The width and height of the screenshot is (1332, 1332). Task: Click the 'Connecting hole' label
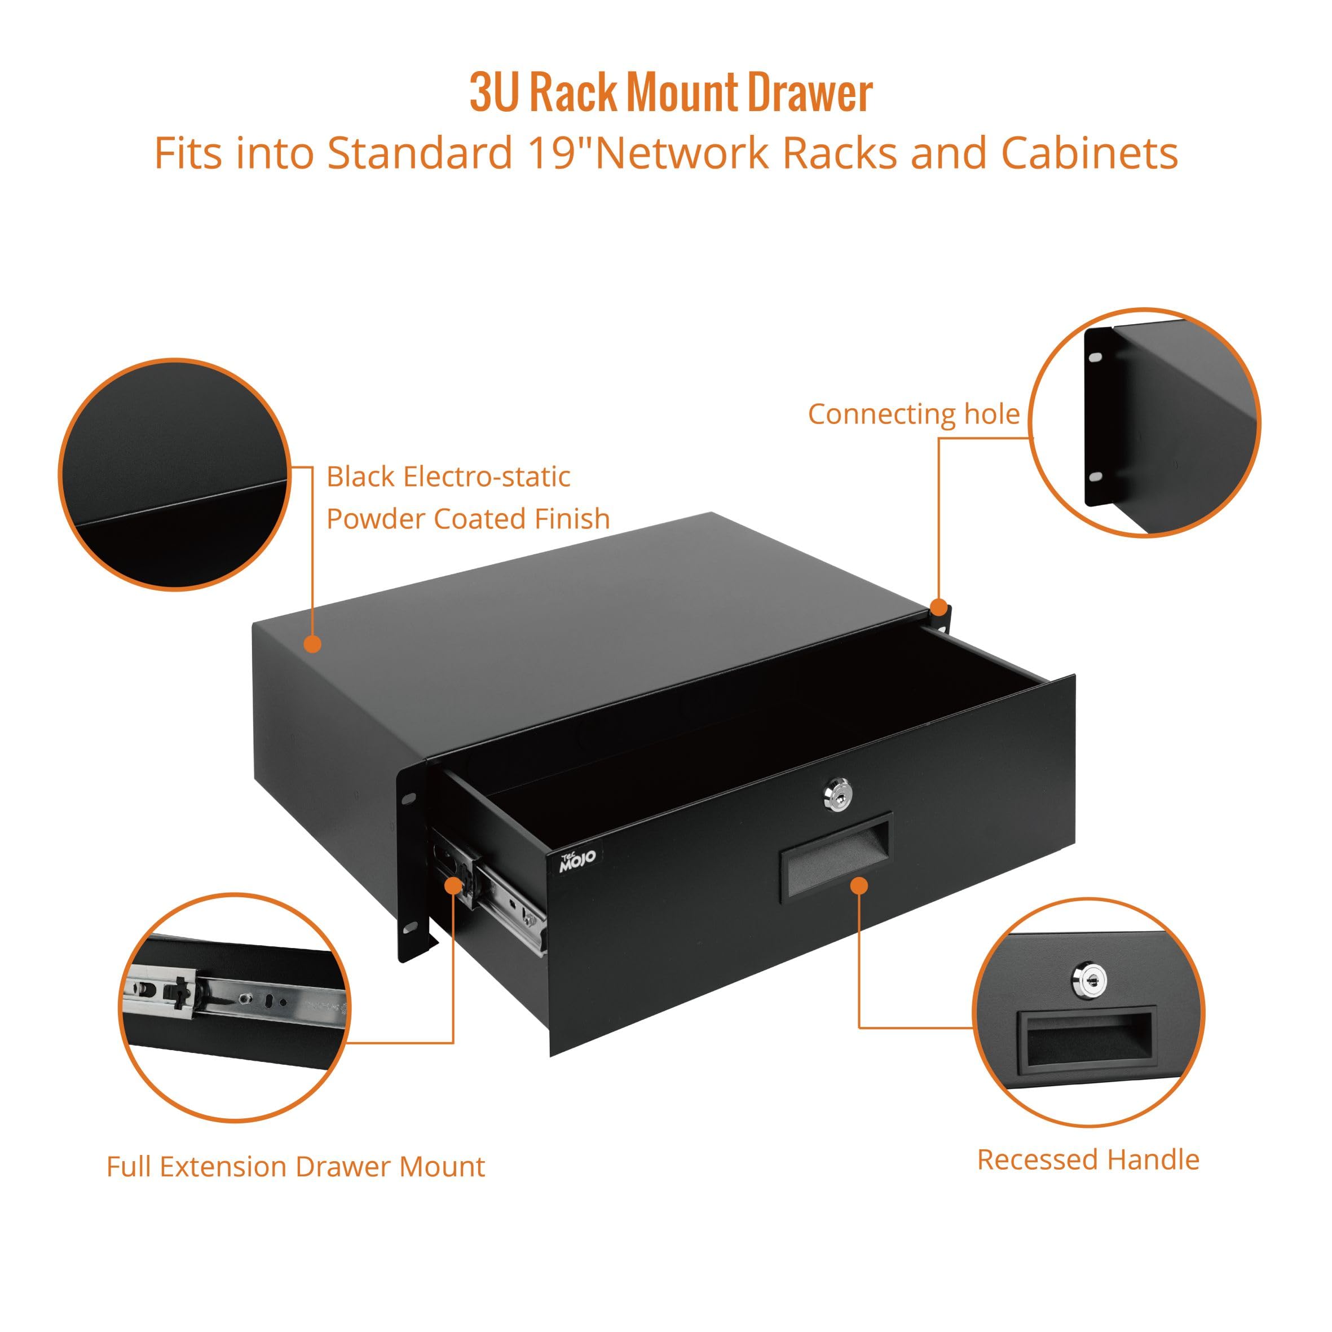coord(913,414)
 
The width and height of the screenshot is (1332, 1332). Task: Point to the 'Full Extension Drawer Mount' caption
coord(295,1167)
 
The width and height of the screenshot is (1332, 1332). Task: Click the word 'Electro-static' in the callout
coord(487,477)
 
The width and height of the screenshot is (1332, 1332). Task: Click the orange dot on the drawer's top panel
coord(312,644)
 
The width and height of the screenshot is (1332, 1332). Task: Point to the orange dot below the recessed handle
coord(858,886)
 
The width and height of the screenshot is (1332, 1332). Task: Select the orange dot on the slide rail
coord(452,886)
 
